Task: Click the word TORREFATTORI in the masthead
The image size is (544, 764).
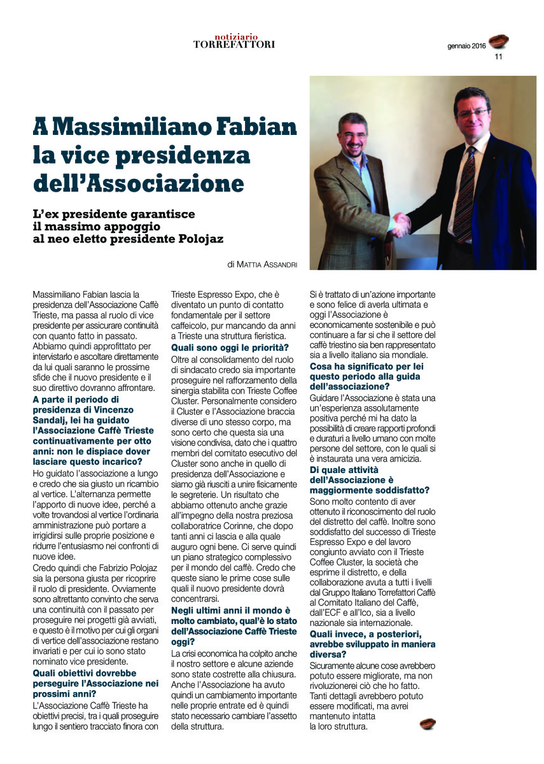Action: tap(234, 45)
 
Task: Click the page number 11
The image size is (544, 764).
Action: tap(498, 57)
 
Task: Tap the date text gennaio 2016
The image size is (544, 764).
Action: tap(466, 46)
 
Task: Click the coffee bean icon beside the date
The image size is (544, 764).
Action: tap(498, 42)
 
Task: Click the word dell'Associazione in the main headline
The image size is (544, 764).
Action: tap(139, 183)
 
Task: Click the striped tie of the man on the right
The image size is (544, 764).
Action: tap(464, 191)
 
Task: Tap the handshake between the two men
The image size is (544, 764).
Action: tap(401, 224)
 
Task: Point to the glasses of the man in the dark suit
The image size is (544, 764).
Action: tap(472, 113)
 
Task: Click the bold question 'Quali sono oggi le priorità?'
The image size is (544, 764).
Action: tap(230, 347)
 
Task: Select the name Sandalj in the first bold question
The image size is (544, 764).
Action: tap(50, 421)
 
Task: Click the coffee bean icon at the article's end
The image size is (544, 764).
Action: tap(428, 724)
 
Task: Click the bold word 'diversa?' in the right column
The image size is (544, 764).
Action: tap(328, 654)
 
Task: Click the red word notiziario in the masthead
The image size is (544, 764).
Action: tap(234, 36)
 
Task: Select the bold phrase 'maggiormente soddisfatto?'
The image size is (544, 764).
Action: tap(369, 490)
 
